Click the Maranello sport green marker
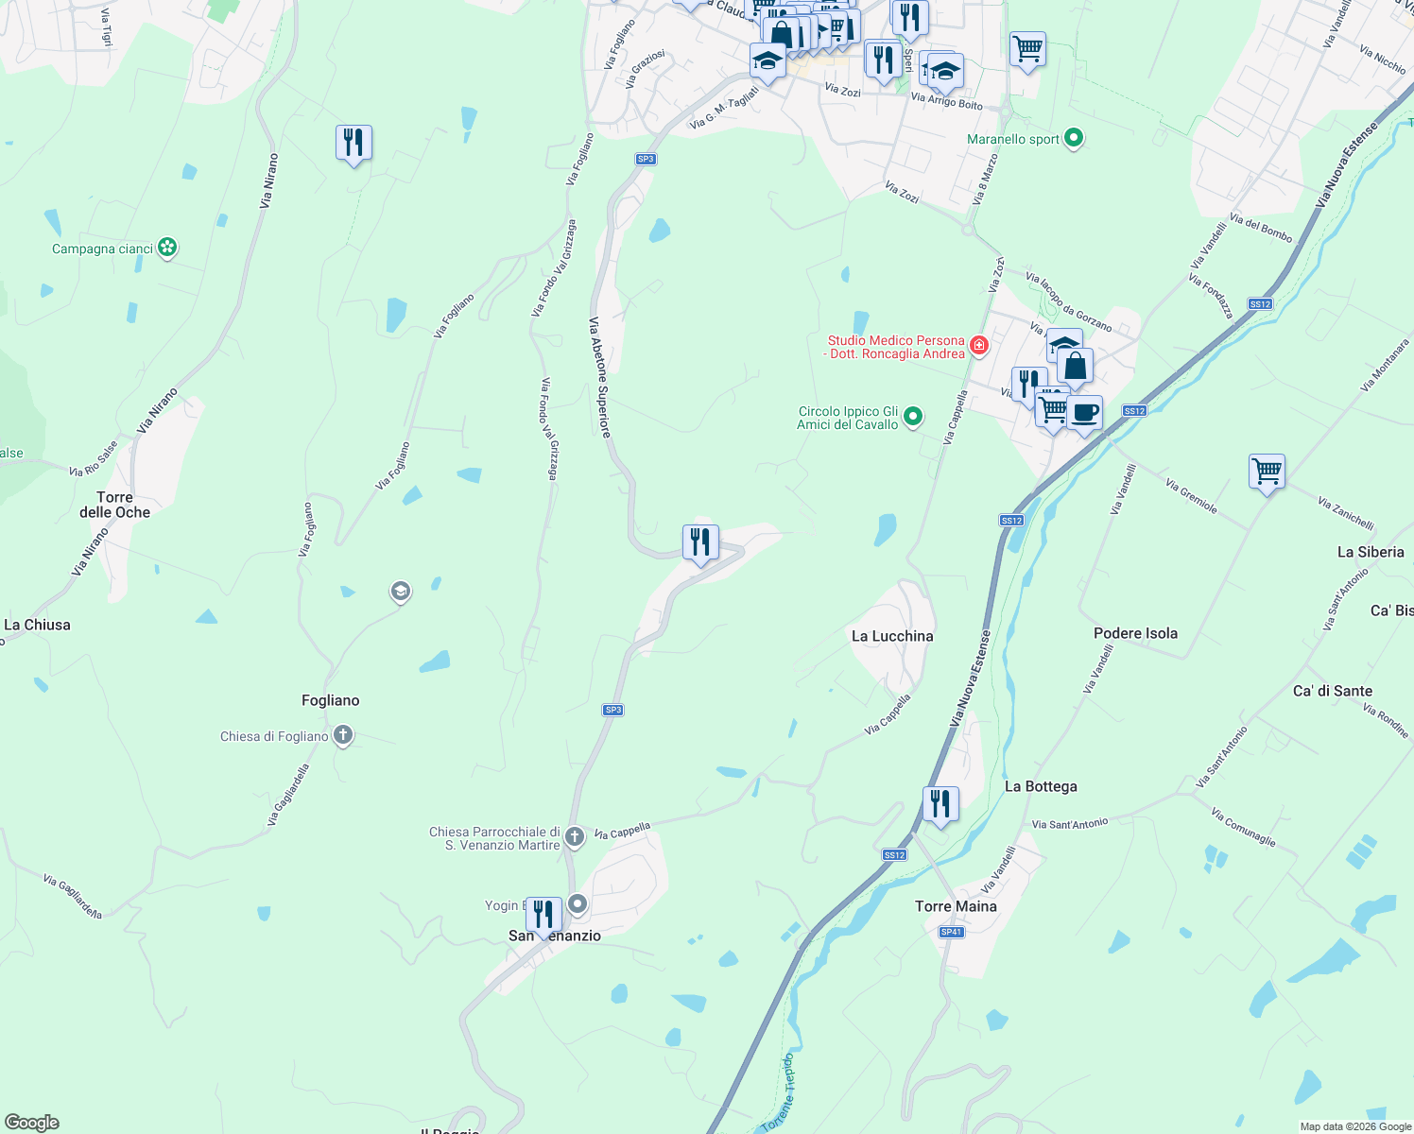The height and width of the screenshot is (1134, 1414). [1073, 139]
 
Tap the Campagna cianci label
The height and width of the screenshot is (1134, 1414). [102, 249]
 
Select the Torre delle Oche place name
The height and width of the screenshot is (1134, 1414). [114, 505]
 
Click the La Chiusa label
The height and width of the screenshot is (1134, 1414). [37, 625]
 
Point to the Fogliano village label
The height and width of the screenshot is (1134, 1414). [330, 700]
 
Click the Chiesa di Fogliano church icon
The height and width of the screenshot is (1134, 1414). [343, 735]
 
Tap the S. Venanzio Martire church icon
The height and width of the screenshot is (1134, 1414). [575, 837]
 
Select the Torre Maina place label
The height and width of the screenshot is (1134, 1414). [956, 906]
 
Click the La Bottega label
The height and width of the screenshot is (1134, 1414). [1041, 786]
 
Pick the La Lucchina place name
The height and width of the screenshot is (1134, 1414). [892, 636]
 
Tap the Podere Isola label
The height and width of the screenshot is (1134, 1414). [1135, 633]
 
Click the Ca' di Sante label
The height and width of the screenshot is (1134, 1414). [1332, 691]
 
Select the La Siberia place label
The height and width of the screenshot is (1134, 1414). [1371, 552]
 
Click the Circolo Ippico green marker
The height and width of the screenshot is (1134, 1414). [913, 416]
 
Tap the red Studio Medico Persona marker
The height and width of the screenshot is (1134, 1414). [979, 346]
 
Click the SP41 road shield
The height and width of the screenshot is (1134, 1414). [951, 932]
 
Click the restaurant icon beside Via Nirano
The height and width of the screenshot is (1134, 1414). [353, 144]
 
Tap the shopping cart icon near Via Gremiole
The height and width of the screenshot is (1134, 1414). [1267, 471]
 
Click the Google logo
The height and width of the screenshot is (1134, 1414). [32, 1123]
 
